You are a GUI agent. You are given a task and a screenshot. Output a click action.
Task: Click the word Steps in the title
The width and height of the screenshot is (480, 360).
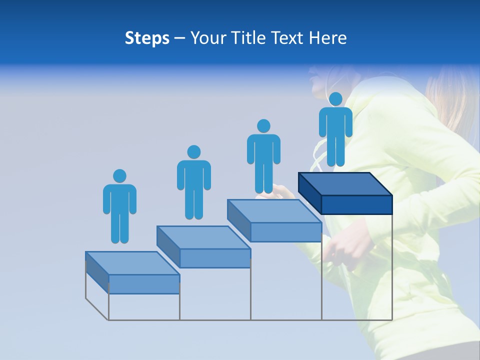(147, 38)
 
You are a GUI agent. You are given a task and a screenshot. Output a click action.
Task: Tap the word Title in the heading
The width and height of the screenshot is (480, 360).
(251, 38)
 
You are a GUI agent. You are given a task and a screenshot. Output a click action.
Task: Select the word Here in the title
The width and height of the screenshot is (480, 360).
(328, 38)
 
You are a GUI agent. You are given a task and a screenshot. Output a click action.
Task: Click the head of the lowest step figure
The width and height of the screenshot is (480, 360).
(119, 176)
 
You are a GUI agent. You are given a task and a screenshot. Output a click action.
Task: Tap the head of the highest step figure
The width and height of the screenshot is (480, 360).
(335, 99)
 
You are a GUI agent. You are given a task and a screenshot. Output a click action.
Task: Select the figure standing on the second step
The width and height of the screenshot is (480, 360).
(193, 182)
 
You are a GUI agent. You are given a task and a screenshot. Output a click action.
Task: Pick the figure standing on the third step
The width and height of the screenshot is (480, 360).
(263, 156)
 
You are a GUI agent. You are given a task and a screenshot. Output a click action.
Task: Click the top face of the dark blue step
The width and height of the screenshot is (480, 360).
(345, 184)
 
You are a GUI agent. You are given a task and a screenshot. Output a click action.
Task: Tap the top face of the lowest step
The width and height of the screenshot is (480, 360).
(132, 263)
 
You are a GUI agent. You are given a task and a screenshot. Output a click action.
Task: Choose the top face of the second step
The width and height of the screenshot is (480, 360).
(203, 237)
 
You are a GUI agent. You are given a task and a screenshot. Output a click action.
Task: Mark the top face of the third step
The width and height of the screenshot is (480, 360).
(274, 211)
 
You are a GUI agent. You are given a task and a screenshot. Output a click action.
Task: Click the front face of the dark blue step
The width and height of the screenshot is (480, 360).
(356, 204)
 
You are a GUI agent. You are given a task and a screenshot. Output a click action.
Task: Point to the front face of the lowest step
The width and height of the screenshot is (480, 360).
(144, 284)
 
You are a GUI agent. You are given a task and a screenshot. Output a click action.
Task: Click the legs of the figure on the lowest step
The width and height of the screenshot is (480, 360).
(119, 227)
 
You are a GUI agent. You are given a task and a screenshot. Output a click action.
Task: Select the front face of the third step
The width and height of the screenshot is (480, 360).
(285, 232)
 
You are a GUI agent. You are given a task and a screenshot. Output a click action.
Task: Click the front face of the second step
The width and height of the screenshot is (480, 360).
(215, 258)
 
